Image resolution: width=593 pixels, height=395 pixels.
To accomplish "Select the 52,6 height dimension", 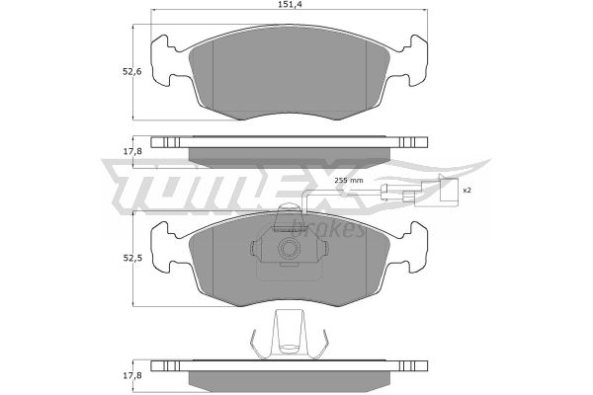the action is click(x=131, y=71).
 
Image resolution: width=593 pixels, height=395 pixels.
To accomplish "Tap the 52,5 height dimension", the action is click(x=131, y=259).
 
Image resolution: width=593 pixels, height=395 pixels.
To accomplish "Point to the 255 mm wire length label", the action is click(x=349, y=181).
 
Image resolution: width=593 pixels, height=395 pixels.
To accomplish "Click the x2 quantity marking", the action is click(x=467, y=191).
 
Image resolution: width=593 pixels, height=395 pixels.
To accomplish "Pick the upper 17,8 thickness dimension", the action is click(x=131, y=151).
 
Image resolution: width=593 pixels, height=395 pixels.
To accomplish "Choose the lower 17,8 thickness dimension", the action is click(x=131, y=375).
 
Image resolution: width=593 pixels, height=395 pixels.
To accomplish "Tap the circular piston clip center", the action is click(x=290, y=249).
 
